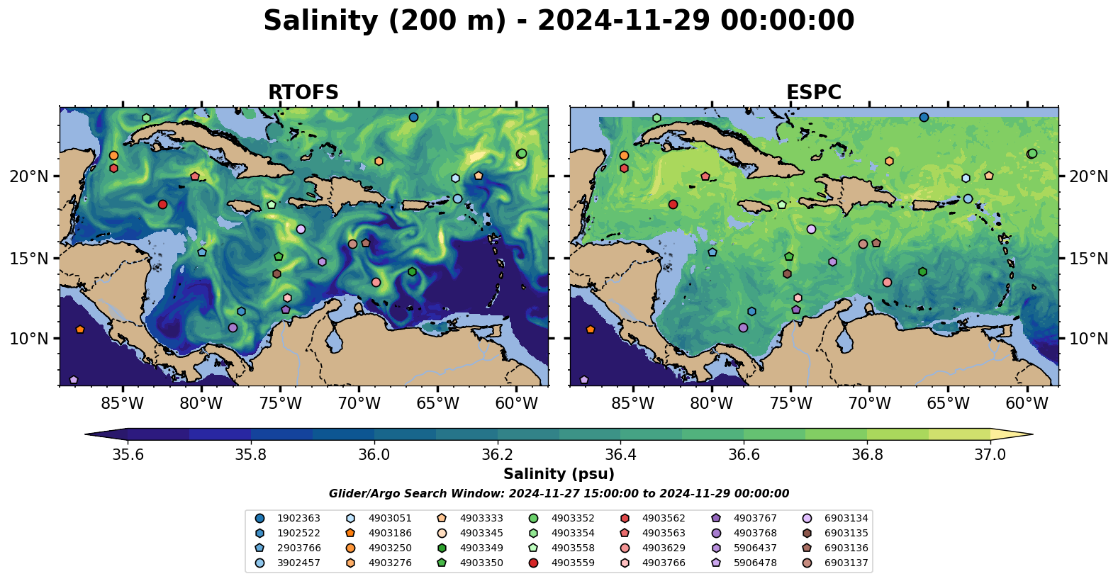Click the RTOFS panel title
(303, 92)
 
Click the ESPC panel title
(814, 92)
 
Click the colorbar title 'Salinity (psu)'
(559, 474)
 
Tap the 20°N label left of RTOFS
(29, 176)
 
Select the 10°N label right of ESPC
(1088, 339)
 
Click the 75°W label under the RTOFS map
(280, 403)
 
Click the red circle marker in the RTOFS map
(162, 205)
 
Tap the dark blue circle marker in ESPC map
(924, 117)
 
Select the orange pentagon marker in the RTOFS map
(80, 329)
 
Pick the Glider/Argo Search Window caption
(559, 494)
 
